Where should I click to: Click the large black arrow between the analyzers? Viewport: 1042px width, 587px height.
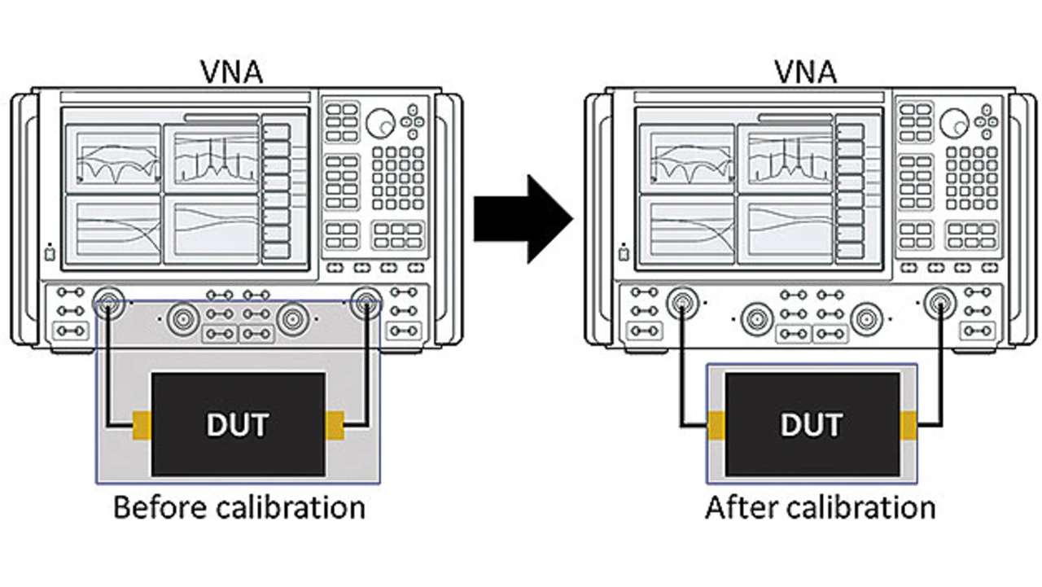pyautogui.click(x=523, y=219)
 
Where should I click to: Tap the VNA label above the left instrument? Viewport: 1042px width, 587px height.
pyautogui.click(x=232, y=72)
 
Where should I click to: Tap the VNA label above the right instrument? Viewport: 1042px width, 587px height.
pyautogui.click(x=806, y=72)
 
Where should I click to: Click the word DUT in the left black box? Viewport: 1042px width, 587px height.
pyautogui.click(x=238, y=425)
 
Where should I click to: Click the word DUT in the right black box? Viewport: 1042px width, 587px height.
pyautogui.click(x=812, y=425)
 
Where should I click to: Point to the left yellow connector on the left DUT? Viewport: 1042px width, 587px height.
pyautogui.click(x=142, y=425)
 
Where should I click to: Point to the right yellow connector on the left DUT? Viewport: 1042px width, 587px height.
pyautogui.click(x=335, y=425)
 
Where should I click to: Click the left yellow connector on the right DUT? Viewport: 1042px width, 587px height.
pyautogui.click(x=716, y=425)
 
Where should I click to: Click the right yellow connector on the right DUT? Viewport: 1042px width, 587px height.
pyautogui.click(x=908, y=425)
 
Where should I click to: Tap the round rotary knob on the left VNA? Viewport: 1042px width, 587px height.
pyautogui.click(x=380, y=123)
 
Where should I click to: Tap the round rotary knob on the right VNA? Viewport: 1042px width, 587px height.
pyautogui.click(x=955, y=123)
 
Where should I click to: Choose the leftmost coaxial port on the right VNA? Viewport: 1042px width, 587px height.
pyautogui.click(x=682, y=303)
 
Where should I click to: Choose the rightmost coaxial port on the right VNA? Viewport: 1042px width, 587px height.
pyautogui.click(x=940, y=303)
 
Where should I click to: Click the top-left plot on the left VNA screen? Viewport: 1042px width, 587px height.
pyautogui.click(x=113, y=159)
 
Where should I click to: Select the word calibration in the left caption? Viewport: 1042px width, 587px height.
pyautogui.click(x=291, y=507)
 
